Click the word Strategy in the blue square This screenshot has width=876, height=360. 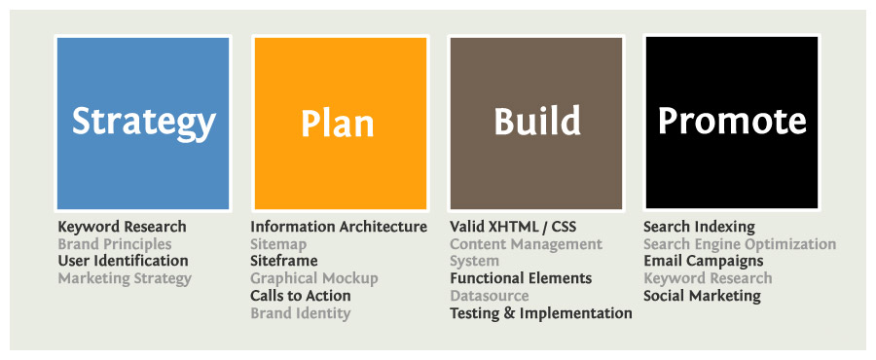(x=144, y=123)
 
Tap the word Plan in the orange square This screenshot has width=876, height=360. (x=338, y=123)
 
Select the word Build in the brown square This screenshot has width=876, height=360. (x=537, y=121)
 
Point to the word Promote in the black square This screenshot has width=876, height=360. (x=732, y=121)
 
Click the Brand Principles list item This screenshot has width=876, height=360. (x=115, y=244)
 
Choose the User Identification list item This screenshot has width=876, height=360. (x=123, y=261)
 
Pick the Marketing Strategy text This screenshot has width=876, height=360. (x=125, y=278)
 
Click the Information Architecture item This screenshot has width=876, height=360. (x=339, y=227)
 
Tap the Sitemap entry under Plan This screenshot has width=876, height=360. (x=278, y=245)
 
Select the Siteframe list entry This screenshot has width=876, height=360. (x=284, y=261)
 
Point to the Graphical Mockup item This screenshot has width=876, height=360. (x=314, y=278)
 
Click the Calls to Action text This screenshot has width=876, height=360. (x=301, y=295)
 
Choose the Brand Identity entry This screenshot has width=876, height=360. (x=300, y=313)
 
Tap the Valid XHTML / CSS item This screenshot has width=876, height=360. (x=513, y=227)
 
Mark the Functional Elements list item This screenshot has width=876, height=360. (x=521, y=278)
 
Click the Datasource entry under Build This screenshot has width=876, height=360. (x=490, y=295)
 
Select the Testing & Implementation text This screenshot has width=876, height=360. (x=541, y=313)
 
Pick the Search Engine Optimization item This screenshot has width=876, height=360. (x=740, y=244)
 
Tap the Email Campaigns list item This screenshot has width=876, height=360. (x=704, y=261)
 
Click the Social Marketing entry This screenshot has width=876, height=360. (x=702, y=296)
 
